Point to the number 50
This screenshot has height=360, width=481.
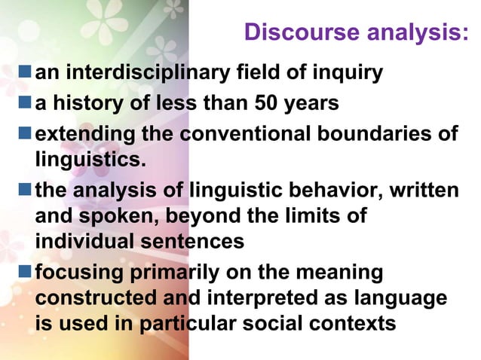265,102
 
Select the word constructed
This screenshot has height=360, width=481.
93,297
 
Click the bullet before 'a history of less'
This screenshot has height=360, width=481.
26,102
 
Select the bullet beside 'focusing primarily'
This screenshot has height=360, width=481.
26,270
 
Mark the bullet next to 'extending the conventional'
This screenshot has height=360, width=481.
26,133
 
